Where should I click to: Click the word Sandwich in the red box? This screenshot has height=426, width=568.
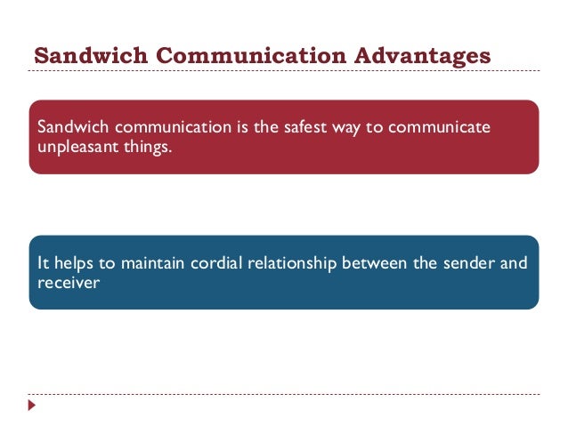click(x=68, y=127)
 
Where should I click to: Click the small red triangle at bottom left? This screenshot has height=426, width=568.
click(x=33, y=406)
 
